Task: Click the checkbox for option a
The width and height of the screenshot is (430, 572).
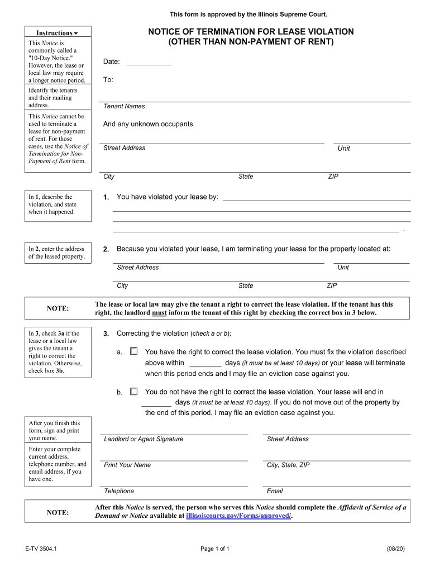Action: (133, 352)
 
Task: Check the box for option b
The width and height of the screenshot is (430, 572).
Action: (133, 392)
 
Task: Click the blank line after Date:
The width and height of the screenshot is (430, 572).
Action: (149, 62)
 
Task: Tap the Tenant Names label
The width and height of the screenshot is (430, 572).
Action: (124, 106)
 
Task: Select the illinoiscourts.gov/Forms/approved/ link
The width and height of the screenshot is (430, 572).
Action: (238, 516)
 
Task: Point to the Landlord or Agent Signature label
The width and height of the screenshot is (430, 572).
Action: (144, 439)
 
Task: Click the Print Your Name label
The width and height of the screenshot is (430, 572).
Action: (127, 465)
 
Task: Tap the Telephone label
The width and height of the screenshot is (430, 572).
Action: (119, 491)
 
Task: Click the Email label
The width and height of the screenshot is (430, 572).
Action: (275, 491)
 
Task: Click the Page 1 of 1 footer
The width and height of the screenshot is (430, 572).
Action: (215, 549)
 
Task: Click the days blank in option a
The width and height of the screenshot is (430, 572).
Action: (202, 363)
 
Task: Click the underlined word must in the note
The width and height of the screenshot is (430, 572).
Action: (160, 313)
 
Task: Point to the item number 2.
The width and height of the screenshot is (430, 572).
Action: (106, 249)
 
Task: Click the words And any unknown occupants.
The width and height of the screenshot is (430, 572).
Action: (149, 124)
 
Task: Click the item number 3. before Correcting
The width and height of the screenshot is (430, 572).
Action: (106, 333)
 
